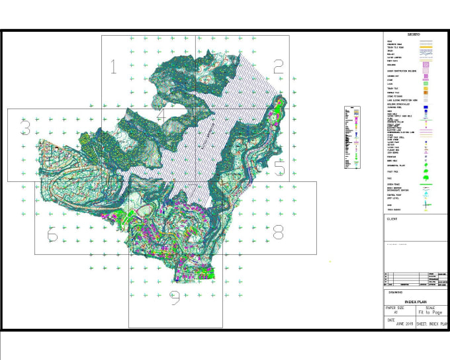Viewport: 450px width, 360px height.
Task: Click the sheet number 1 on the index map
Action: click(114, 66)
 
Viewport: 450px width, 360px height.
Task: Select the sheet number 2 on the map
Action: click(279, 66)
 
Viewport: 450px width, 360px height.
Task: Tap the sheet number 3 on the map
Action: click(25, 126)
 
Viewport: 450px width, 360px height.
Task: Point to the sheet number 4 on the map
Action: click(161, 114)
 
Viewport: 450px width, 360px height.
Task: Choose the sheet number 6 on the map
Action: click(52, 235)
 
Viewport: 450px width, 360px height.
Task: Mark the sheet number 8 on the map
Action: click(278, 232)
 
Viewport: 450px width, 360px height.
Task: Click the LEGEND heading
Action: click(416, 34)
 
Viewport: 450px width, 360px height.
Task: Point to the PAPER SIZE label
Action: click(395, 307)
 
